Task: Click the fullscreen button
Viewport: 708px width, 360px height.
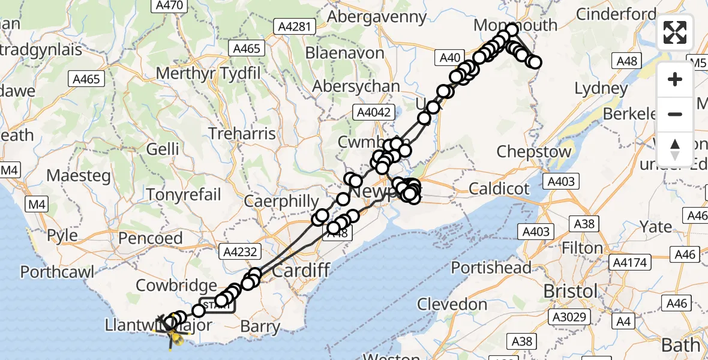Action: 675,32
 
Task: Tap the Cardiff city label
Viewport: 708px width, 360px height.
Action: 301,271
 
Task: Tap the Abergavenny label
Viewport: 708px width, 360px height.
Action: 377,16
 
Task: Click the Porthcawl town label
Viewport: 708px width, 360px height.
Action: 57,272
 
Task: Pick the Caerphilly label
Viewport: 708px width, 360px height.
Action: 281,202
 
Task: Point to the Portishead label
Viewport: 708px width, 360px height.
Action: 491,268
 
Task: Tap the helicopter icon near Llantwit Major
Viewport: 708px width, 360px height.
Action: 174,331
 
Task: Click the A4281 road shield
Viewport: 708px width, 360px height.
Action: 294,26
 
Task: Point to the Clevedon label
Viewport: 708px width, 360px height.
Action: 453,304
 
